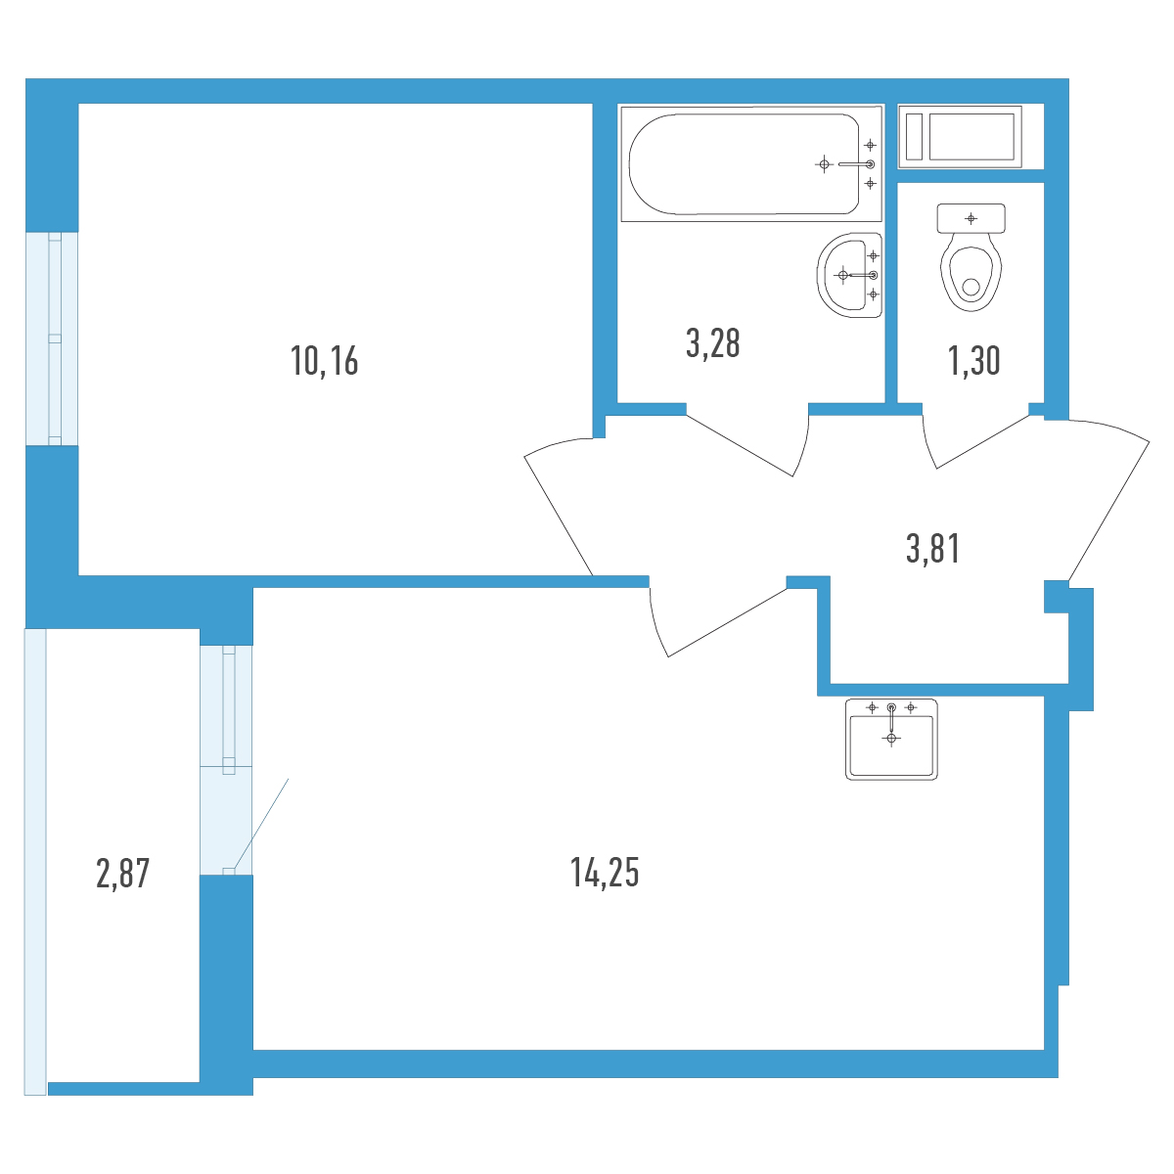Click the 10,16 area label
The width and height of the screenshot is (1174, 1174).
point(324,361)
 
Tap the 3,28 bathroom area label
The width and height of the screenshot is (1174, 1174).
point(712,343)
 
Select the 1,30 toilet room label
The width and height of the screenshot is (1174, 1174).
point(973,361)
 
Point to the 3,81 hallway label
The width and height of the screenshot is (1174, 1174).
point(932,548)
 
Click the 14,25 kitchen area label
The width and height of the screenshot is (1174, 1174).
point(605,872)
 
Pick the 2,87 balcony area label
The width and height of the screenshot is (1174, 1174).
point(122,873)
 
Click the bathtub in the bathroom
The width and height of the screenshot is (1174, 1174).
point(750,164)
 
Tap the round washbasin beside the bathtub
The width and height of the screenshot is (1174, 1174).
point(849,275)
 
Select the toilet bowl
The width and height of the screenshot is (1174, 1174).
point(971,277)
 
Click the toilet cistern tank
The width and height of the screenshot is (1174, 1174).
point(971,218)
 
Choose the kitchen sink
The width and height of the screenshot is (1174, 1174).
point(890,739)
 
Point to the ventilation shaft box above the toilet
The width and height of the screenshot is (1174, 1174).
point(960,136)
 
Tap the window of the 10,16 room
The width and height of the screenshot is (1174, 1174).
point(54,339)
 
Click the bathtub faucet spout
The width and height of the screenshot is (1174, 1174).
point(855,164)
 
